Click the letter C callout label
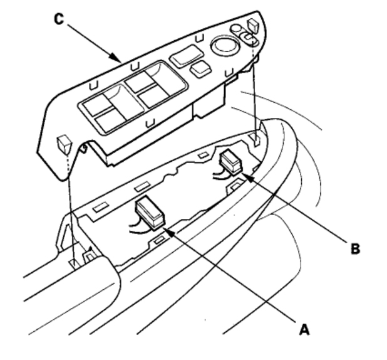pyautogui.click(x=58, y=19)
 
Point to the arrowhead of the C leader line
pyautogui.click(x=120, y=60)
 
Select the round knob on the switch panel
pyautogui.click(x=223, y=45)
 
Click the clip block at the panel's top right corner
pyautogui.click(x=253, y=26)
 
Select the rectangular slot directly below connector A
pyautogui.click(x=159, y=239)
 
